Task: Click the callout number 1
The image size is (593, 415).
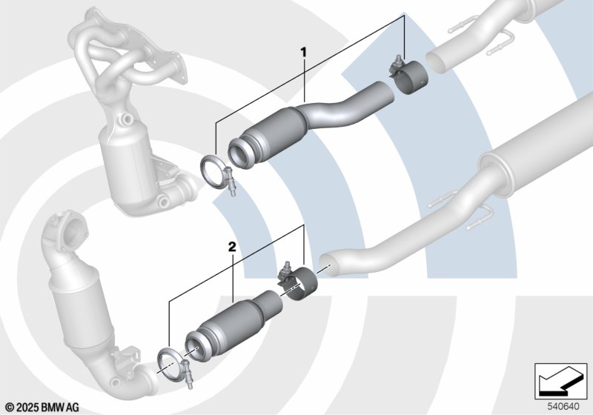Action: (x=303, y=52)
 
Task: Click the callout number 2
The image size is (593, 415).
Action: (x=232, y=248)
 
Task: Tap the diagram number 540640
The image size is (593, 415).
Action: (x=563, y=407)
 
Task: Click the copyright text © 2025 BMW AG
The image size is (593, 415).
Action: (x=42, y=408)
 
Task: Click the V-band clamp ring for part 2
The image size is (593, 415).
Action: (x=169, y=366)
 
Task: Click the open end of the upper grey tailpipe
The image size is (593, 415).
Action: (x=436, y=62)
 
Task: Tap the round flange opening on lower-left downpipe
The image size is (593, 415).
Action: (x=71, y=230)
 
